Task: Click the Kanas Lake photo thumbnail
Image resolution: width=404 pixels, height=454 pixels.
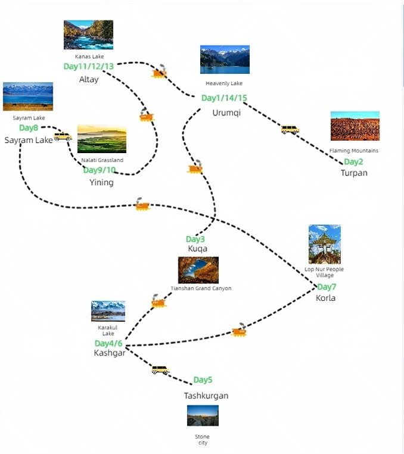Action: click(88, 35)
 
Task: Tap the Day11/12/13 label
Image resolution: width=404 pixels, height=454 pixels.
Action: click(88, 66)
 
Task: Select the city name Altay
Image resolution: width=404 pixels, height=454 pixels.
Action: click(89, 79)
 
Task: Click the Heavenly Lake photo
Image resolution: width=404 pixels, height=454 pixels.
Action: click(225, 60)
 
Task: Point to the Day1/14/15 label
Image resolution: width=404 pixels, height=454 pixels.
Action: click(224, 98)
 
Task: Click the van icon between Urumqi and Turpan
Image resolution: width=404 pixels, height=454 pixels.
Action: click(290, 129)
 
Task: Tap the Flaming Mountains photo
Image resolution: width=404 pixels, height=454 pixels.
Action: click(355, 126)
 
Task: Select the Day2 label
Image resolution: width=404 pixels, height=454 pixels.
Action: click(353, 162)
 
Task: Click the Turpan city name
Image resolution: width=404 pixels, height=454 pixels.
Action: click(354, 173)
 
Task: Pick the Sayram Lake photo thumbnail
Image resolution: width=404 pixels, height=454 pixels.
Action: click(28, 97)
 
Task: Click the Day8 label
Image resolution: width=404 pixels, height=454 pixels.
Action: click(29, 128)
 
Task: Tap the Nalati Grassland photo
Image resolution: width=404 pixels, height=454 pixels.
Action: click(102, 139)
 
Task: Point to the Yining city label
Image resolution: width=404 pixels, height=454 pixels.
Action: click(101, 182)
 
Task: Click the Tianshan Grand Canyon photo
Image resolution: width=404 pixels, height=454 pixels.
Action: click(198, 270)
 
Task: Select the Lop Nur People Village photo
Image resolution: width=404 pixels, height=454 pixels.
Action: click(325, 244)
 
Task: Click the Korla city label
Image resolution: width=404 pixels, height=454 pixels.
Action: click(325, 298)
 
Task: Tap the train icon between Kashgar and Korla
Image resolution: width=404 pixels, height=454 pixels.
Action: click(239, 331)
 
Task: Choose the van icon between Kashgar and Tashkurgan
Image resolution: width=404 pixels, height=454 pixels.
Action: click(160, 369)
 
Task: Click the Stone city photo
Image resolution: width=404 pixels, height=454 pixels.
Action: click(203, 416)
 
